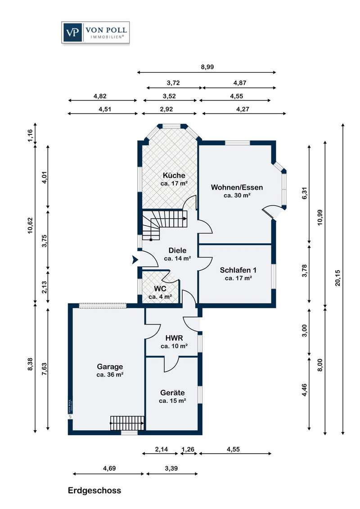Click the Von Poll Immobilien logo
(96, 33)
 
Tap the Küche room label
(174, 179)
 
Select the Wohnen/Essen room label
(237, 191)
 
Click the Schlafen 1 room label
(238, 274)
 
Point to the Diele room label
(177, 254)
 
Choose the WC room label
(160, 292)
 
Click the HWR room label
(174, 342)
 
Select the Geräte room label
(172, 396)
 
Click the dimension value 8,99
(207, 67)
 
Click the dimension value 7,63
(43, 368)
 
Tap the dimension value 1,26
(188, 448)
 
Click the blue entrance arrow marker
(134, 259)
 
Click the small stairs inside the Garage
(127, 423)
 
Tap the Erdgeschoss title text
(94, 490)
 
